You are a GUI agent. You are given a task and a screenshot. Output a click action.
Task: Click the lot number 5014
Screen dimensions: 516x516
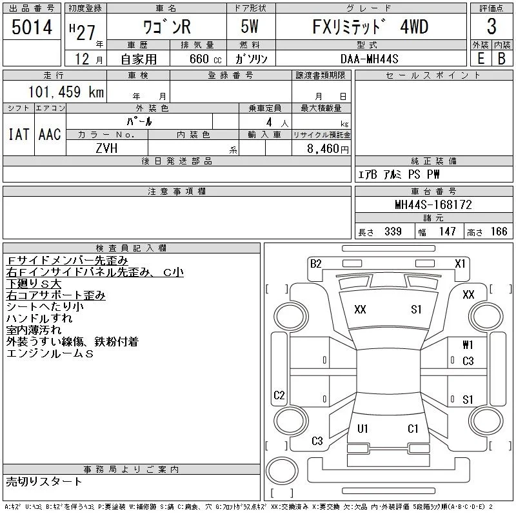click(32, 27)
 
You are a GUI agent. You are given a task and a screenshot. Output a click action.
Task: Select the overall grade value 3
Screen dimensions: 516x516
click(491, 26)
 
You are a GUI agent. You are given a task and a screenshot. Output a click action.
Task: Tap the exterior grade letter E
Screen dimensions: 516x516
click(481, 58)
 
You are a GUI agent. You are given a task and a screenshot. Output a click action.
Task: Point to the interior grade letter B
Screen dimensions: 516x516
click(502, 58)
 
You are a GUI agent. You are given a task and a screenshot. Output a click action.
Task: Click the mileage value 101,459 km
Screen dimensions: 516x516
click(66, 92)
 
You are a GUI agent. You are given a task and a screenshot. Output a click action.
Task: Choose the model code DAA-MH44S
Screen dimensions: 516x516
click(369, 59)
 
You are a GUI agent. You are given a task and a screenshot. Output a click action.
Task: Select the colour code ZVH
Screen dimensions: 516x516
click(106, 148)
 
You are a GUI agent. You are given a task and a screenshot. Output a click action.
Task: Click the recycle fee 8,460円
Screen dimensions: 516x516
click(328, 149)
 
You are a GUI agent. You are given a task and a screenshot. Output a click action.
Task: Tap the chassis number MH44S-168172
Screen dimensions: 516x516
click(433, 204)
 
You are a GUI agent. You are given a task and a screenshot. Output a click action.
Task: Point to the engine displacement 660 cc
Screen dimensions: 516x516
click(205, 59)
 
